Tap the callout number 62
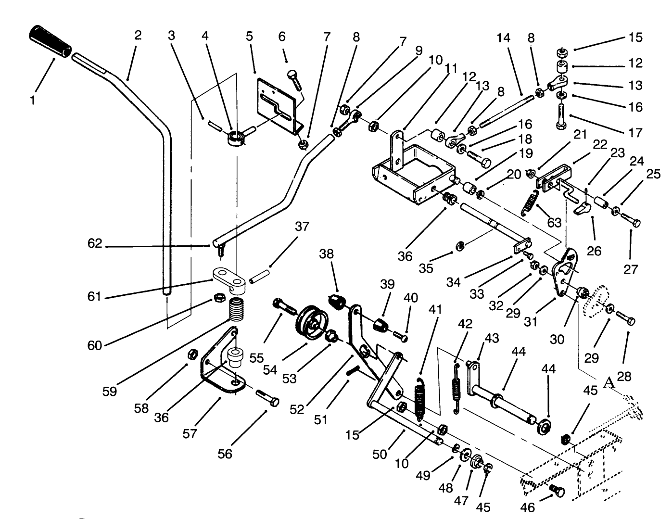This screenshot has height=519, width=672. point(95,244)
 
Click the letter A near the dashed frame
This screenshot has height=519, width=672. point(609,382)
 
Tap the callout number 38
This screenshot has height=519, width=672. point(327,254)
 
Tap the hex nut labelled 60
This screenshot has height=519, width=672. point(217,297)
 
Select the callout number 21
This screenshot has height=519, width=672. point(581,135)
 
